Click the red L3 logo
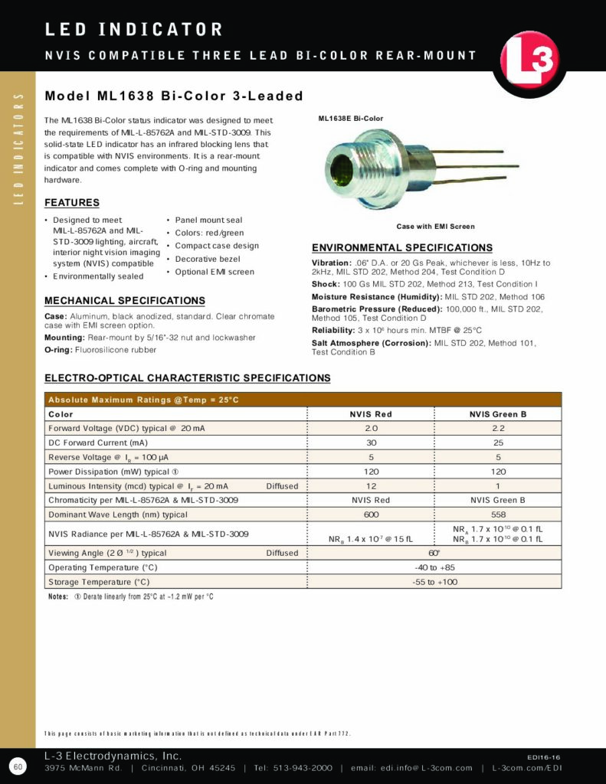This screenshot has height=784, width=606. pyautogui.click(x=530, y=62)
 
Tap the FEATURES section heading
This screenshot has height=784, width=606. pyautogui.click(x=72, y=203)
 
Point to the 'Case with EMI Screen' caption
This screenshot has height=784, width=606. pyautogui.click(x=435, y=227)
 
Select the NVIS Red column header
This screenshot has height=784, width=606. pyautogui.click(x=370, y=414)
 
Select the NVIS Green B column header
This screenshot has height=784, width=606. pyautogui.click(x=497, y=414)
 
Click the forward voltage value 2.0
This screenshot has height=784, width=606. pyautogui.click(x=370, y=429)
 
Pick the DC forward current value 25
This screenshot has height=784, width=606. pyautogui.click(x=497, y=443)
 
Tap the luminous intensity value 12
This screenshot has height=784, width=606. pyautogui.click(x=370, y=486)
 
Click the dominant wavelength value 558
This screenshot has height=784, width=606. pyautogui.click(x=497, y=514)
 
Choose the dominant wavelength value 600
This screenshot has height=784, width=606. pyautogui.click(x=370, y=514)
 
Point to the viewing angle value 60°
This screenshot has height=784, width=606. pyautogui.click(x=434, y=553)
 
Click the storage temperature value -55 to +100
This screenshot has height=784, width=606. pyautogui.click(x=434, y=582)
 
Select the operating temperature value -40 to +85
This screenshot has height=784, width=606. pyautogui.click(x=434, y=567)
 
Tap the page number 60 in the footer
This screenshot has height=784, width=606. pyautogui.click(x=18, y=766)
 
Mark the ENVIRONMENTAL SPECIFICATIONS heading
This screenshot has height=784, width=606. pyautogui.click(x=401, y=248)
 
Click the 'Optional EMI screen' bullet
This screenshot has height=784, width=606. pyautogui.click(x=215, y=272)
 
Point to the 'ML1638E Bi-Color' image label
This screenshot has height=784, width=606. pyautogui.click(x=350, y=119)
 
